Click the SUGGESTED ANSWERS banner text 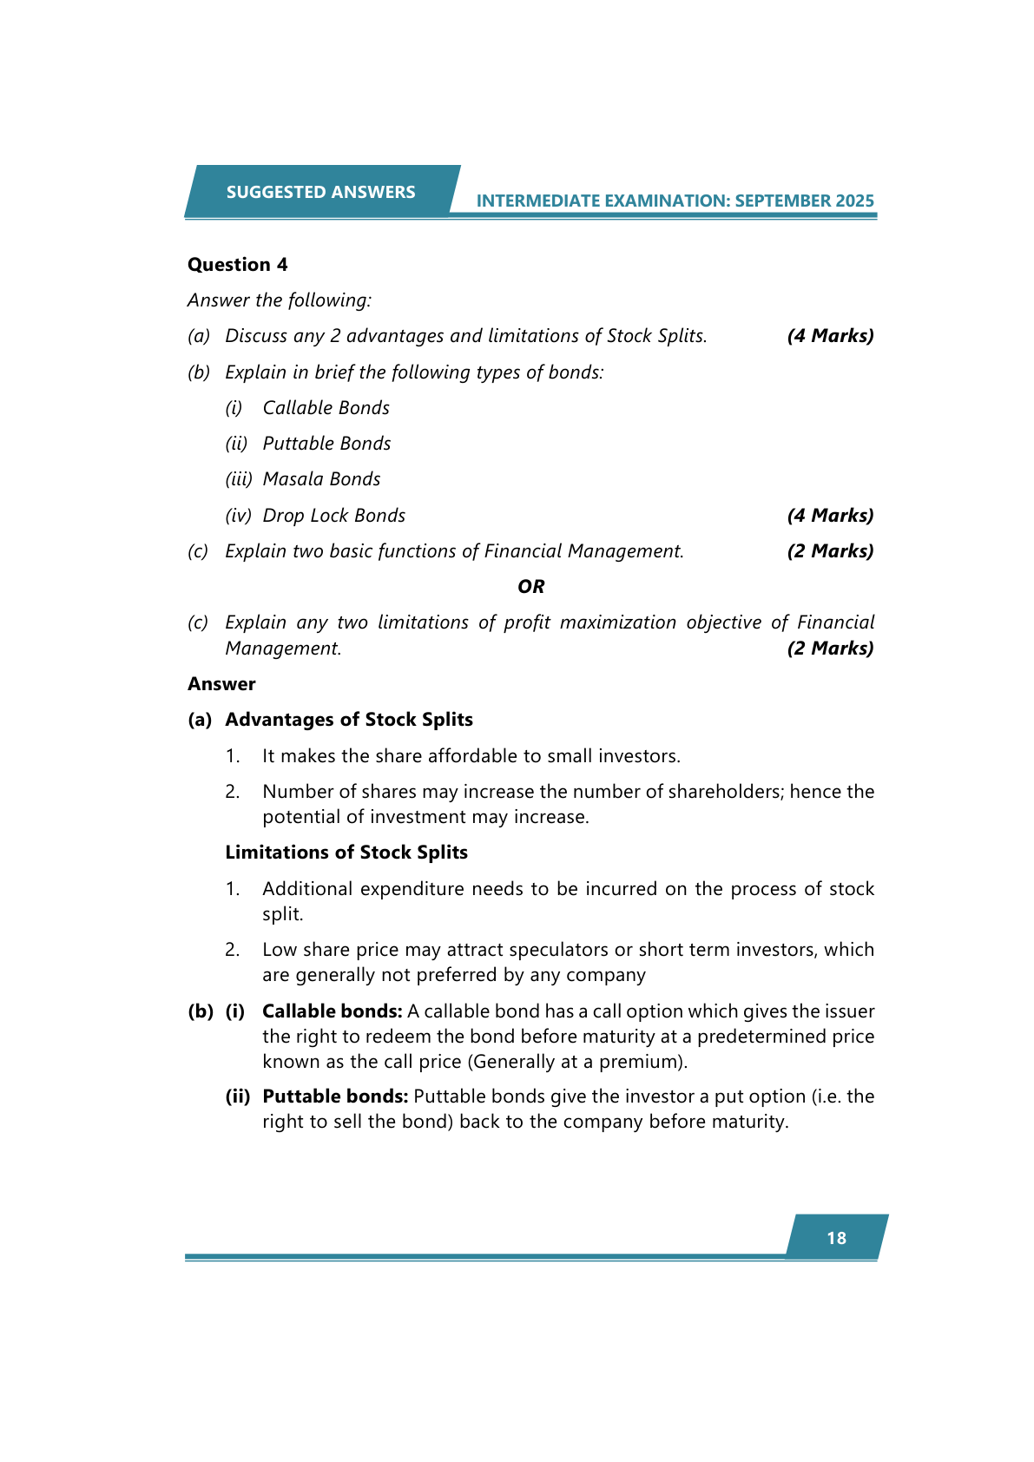320,192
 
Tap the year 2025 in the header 854,201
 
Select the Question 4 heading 237,265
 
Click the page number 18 836,1238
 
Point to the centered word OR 530,587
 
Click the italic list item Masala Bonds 321,479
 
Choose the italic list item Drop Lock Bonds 333,516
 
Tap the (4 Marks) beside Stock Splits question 830,336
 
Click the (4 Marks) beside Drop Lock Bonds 830,516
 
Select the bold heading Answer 221,684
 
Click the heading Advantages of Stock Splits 348,720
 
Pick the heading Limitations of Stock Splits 346,853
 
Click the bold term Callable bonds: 332,1011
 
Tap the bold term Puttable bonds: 335,1096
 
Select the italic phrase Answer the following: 279,300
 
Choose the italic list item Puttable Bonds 326,444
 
